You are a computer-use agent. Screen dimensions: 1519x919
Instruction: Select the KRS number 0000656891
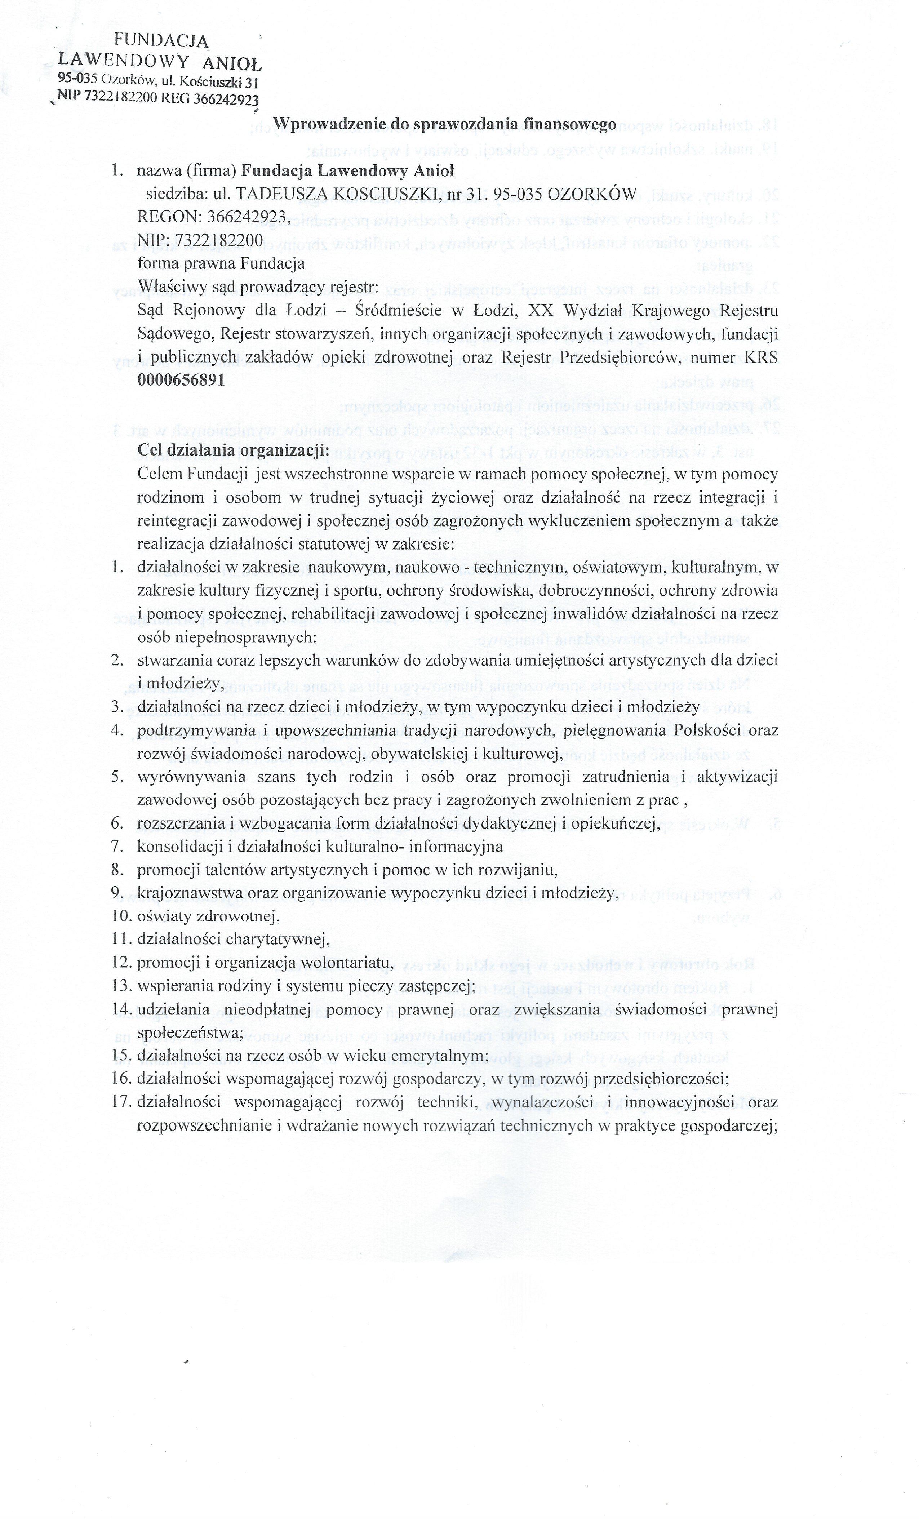pos(181,380)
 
